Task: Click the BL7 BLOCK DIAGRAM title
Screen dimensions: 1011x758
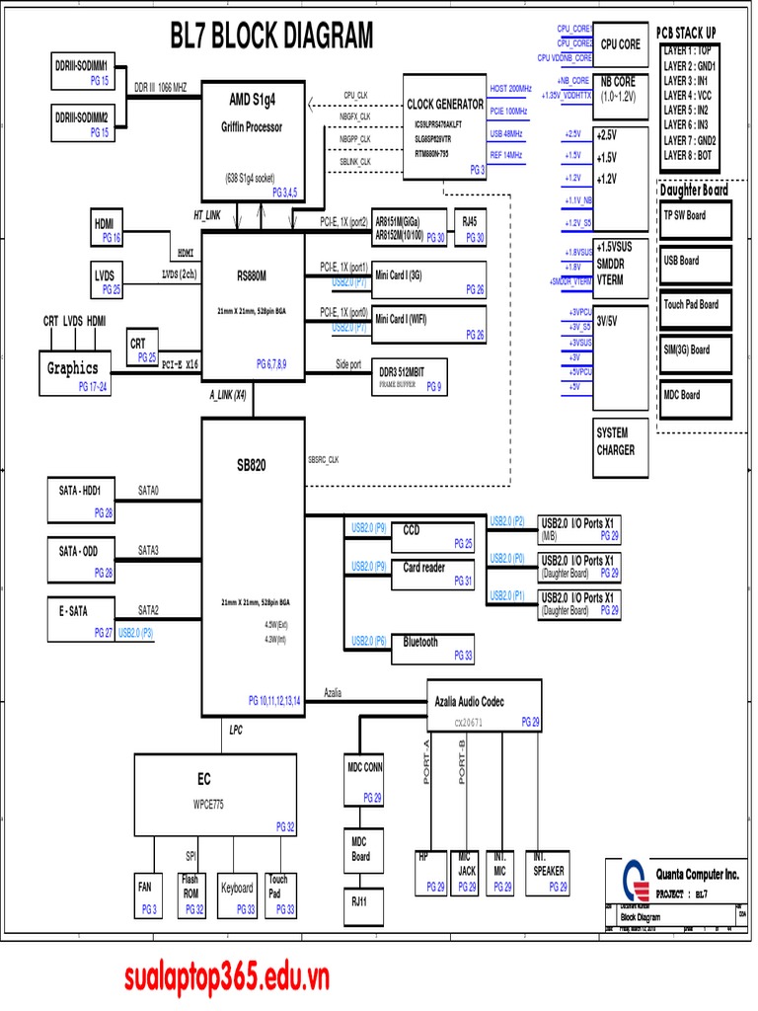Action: [271, 37]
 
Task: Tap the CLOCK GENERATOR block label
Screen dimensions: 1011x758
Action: [445, 104]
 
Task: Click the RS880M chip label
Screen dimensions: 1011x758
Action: [252, 275]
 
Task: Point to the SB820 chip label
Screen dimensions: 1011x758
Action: [251, 464]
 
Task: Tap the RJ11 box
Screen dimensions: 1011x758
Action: [359, 901]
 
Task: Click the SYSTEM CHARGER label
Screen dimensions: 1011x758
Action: [616, 440]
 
